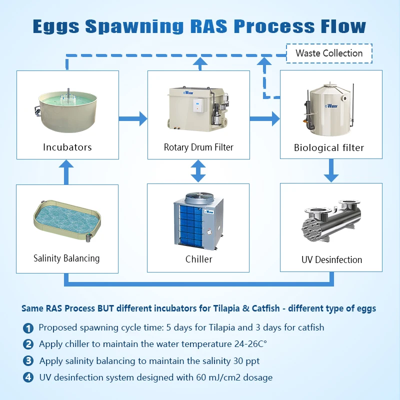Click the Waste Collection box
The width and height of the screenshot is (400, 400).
329,53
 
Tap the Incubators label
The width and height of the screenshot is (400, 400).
67,147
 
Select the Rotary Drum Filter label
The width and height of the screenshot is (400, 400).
198,147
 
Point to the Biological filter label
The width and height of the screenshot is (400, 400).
329,147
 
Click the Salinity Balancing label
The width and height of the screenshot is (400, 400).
66,258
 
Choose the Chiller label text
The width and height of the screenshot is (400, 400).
198,259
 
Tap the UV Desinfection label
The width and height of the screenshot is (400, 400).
331,259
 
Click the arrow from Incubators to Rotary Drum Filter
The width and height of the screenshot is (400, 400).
133,118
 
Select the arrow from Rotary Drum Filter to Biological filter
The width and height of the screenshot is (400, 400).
264,118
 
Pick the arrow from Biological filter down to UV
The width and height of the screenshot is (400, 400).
331,170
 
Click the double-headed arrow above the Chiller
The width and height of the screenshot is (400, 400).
198,171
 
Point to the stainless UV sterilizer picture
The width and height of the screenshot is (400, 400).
331,222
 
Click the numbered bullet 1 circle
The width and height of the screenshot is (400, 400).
28,328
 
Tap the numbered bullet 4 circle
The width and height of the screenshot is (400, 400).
28,377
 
